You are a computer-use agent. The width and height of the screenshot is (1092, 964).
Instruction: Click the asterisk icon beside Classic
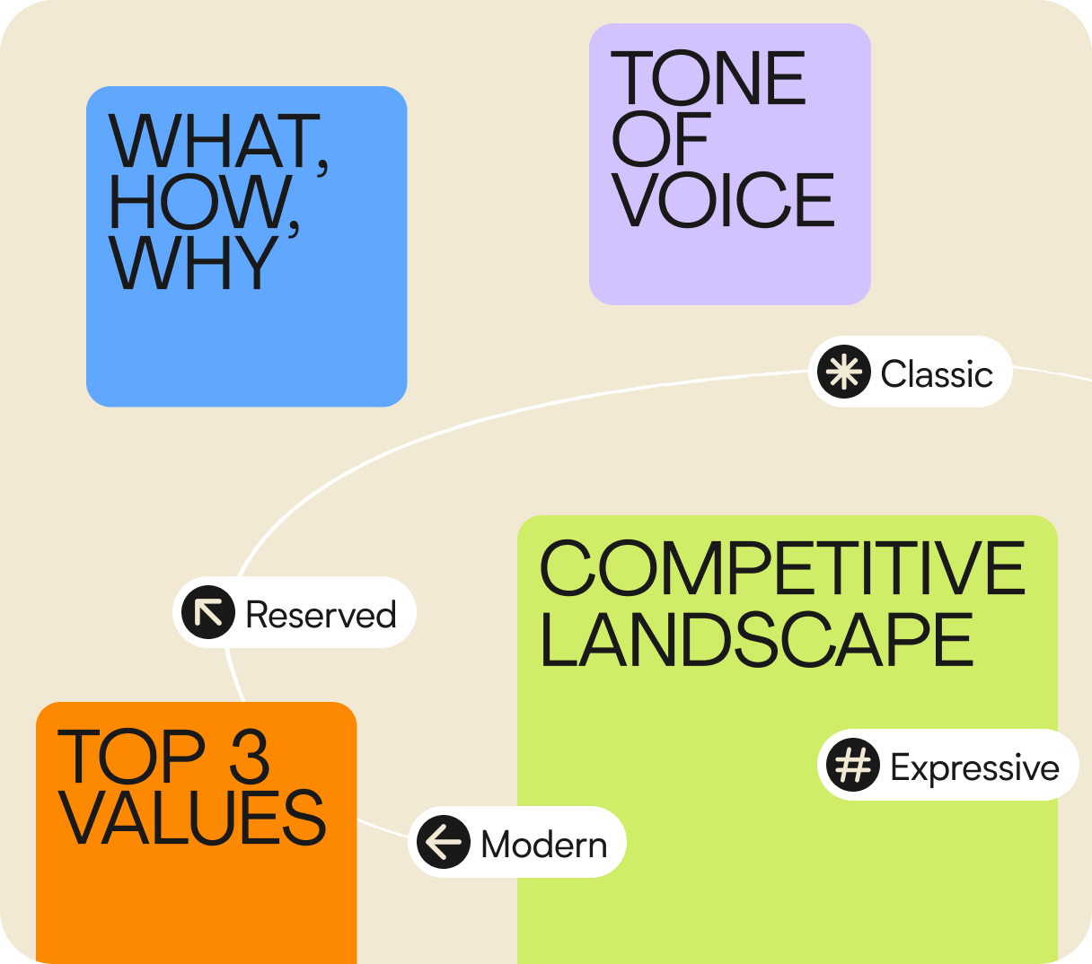(x=844, y=372)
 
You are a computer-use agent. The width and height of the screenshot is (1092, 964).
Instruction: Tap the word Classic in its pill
(x=937, y=373)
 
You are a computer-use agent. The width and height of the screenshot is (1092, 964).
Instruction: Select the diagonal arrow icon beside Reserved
(x=208, y=612)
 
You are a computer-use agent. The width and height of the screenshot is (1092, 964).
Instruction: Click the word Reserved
(x=321, y=615)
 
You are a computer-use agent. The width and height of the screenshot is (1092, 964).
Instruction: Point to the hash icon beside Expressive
(x=853, y=765)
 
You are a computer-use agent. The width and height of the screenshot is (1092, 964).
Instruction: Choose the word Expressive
(x=974, y=767)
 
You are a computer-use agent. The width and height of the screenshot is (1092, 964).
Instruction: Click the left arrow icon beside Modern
(x=444, y=842)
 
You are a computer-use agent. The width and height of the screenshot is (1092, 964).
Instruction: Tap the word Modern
(x=544, y=845)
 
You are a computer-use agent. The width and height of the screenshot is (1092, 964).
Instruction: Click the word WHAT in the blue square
(x=213, y=142)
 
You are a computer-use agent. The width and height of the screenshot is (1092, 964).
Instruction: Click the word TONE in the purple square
(x=709, y=78)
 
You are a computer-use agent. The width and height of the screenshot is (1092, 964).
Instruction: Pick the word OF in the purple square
(x=660, y=139)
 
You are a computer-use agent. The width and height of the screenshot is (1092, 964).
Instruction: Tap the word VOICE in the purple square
(x=724, y=200)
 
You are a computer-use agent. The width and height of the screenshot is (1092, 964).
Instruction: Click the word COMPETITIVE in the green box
(x=781, y=568)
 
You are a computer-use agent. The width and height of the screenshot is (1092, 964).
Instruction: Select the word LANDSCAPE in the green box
(x=756, y=639)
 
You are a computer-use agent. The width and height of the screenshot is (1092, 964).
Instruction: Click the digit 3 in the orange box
(x=250, y=756)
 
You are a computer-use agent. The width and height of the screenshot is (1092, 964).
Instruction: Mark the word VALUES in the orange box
(x=191, y=818)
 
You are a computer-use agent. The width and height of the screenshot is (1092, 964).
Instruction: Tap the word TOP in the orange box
(x=131, y=756)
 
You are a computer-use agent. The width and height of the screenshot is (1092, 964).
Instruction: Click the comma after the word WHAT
(x=323, y=163)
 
